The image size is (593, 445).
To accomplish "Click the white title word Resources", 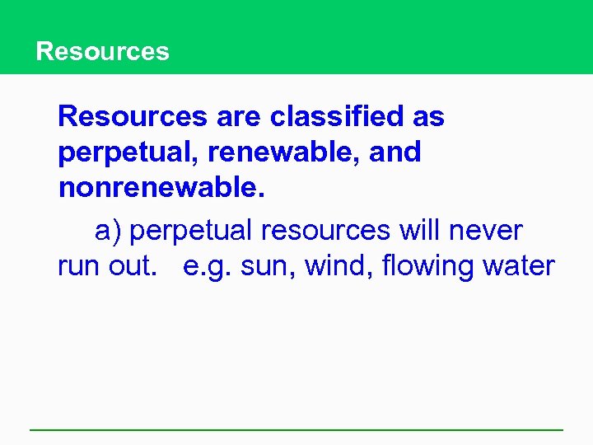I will point(102,51).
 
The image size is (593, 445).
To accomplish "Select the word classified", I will point(339,117).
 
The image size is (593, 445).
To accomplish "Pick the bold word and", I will point(395,152).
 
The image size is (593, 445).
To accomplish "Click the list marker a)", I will point(108,232).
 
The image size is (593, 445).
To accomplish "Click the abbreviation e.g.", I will point(206,267).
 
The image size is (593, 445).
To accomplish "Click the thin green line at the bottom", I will point(296,429).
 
